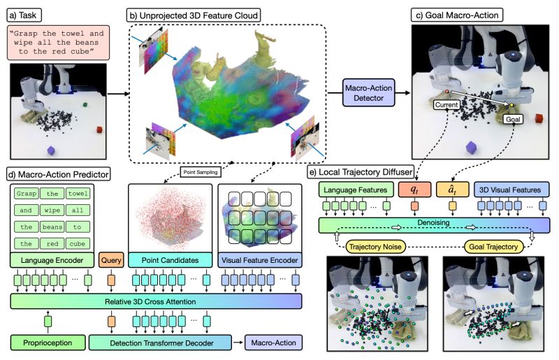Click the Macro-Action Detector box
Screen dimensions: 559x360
tap(369, 93)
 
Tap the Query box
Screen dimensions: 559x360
tap(111, 260)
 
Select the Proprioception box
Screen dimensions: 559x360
tap(48, 343)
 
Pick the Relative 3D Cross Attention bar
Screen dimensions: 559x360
tap(156, 301)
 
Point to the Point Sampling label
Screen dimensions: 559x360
tap(201, 172)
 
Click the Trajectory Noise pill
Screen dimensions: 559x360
tap(375, 247)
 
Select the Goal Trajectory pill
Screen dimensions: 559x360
tap(493, 247)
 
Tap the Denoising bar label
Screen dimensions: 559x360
tap(433, 222)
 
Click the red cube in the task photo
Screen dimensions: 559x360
tap(99, 130)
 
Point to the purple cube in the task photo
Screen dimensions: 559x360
tap(51, 151)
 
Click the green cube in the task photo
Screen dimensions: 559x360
tap(85, 105)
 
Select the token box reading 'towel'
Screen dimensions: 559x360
tap(78, 194)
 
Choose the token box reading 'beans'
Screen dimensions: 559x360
tap(52, 227)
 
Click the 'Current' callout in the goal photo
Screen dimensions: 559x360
tap(447, 105)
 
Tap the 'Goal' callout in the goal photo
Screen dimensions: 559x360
tap(513, 119)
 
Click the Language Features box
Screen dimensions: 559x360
tap(356, 190)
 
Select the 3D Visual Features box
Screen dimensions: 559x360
tap(511, 190)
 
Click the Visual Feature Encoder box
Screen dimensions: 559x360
tap(260, 260)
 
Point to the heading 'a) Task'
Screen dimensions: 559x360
tap(24, 15)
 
